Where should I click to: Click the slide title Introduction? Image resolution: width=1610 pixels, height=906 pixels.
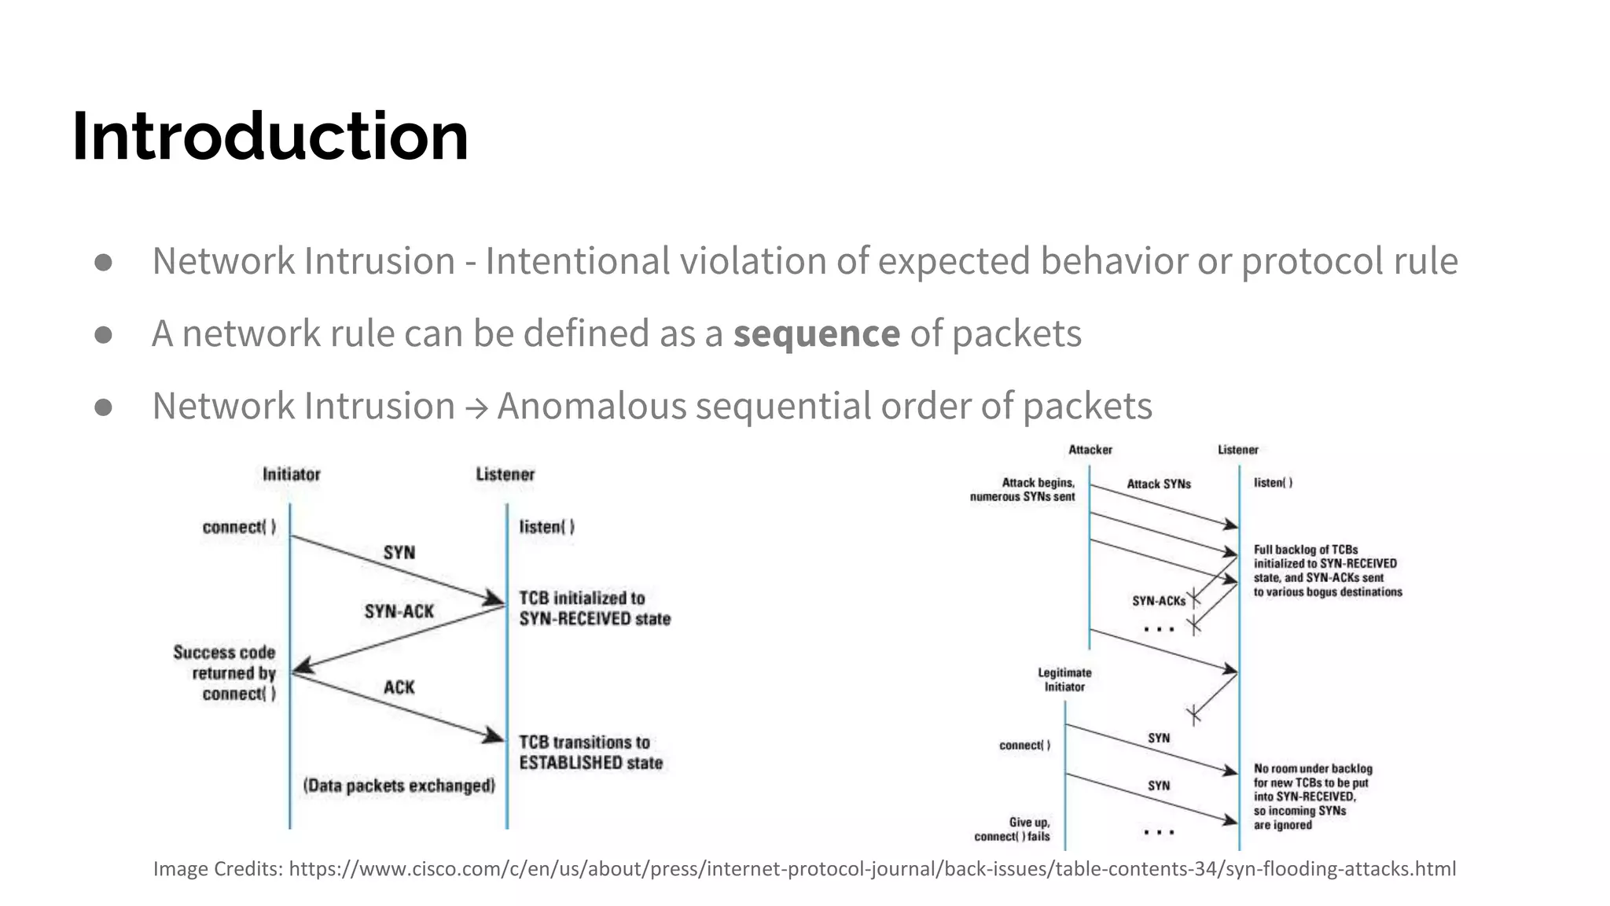tap(270, 137)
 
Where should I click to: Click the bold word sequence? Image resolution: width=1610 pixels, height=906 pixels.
tap(816, 333)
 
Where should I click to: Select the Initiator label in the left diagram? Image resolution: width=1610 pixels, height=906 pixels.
tap(291, 474)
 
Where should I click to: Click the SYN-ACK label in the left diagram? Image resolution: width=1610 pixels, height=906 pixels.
tap(399, 611)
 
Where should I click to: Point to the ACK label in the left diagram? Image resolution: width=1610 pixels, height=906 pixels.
tap(399, 687)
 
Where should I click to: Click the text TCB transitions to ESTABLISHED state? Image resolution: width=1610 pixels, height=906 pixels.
tap(590, 753)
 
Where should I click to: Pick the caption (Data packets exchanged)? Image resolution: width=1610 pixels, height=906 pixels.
tap(399, 786)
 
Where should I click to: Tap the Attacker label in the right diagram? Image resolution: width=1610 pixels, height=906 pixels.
tap(1090, 450)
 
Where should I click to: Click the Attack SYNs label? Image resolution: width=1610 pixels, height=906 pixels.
tap(1158, 484)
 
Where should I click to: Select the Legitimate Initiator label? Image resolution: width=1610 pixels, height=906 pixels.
tap(1064, 679)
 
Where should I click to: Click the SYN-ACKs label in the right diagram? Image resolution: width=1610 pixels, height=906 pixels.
tap(1158, 601)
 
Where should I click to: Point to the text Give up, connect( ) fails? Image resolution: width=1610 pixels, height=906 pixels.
tap(1013, 830)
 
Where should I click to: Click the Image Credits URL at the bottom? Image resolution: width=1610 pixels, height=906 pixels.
tap(872, 869)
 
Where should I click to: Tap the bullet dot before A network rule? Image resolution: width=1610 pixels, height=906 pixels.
tap(103, 334)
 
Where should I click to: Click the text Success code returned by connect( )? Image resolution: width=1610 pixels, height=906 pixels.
tap(226, 673)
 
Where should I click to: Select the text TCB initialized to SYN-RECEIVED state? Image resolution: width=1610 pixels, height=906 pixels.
tap(594, 608)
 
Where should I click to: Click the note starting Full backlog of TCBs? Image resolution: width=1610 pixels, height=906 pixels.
tap(1327, 571)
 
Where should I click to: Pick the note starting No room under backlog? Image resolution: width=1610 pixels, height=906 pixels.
tap(1312, 797)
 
